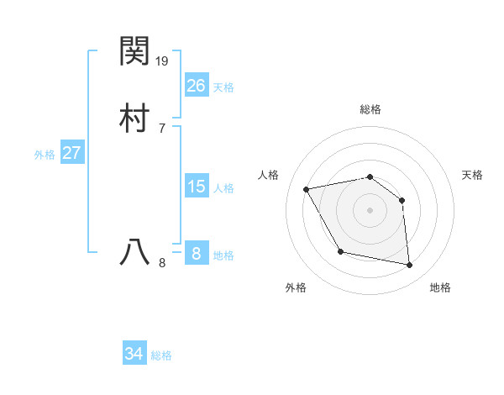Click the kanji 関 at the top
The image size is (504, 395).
[x=135, y=51]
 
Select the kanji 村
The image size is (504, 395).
[x=135, y=118]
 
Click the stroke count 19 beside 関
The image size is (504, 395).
[x=163, y=61]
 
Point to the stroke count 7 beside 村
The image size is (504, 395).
[x=161, y=128]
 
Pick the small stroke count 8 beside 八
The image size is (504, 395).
[x=162, y=263]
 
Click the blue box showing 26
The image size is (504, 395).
[x=196, y=85]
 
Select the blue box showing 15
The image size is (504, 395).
[x=196, y=187]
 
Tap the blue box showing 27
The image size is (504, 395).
[x=71, y=153]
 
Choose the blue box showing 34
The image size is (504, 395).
[x=134, y=354]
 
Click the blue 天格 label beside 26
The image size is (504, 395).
[x=223, y=87]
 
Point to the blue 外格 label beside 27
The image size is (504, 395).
[x=45, y=155]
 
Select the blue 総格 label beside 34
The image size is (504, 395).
[x=161, y=355]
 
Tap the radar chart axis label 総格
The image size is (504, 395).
[x=370, y=109]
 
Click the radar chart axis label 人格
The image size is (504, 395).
[x=269, y=175]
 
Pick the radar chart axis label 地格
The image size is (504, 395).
[x=440, y=288]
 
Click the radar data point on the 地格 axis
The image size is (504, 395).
[x=410, y=266]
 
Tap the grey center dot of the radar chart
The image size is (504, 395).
[x=370, y=209]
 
